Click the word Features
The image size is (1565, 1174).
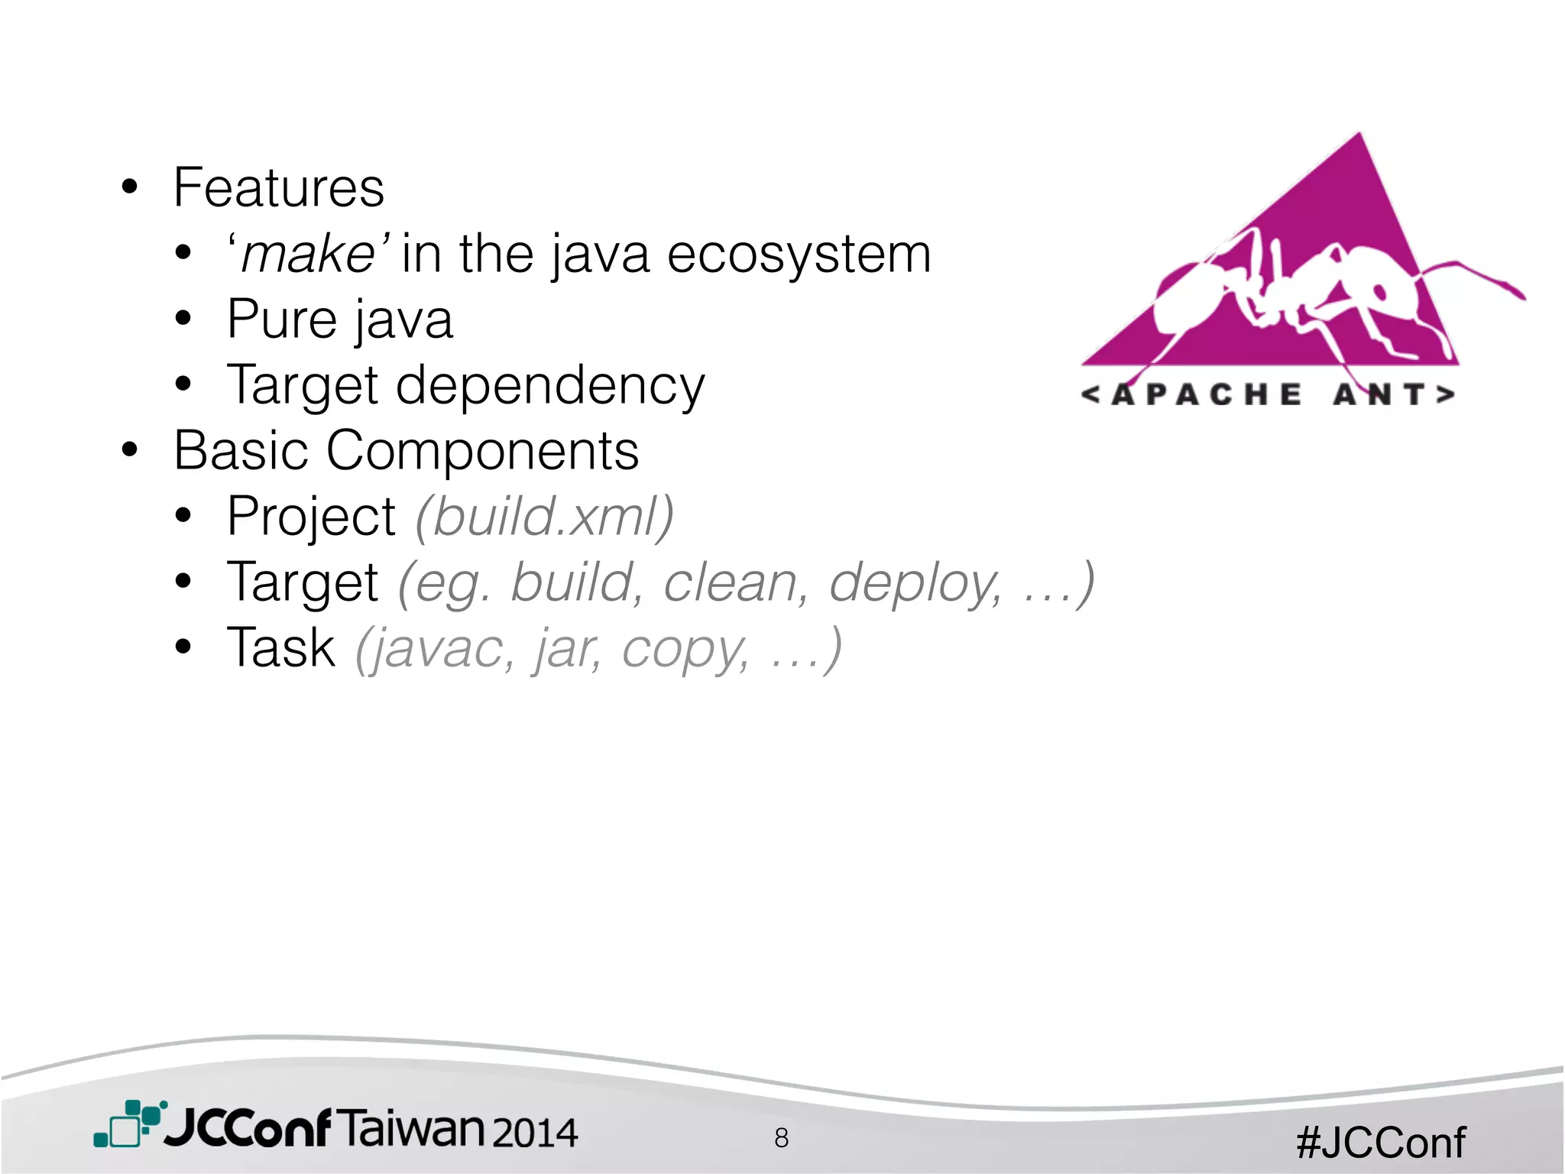coord(279,188)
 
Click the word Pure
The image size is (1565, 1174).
coord(282,319)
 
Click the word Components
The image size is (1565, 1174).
coord(482,451)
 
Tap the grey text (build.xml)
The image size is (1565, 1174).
coord(545,517)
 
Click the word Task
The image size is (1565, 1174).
coord(281,648)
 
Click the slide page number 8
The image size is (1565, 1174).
coord(781,1138)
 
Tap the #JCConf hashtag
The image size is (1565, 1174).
coord(1381,1143)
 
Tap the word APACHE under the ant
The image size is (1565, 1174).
coord(1207,394)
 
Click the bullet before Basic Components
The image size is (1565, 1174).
coord(130,451)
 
